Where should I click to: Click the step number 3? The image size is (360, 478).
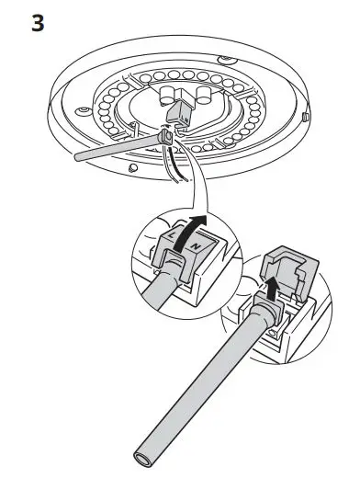click(x=37, y=22)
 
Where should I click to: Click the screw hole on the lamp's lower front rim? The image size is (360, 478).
click(x=134, y=167)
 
